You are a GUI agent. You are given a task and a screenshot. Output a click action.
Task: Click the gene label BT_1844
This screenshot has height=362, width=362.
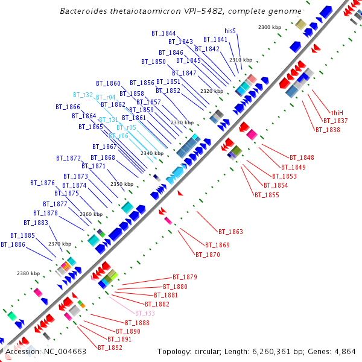[164, 33]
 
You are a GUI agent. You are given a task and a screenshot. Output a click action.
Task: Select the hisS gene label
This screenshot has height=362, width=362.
[230, 30]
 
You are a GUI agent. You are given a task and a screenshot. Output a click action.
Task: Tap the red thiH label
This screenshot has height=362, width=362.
[337, 113]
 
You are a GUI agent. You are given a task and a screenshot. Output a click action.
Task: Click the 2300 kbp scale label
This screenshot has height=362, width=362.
[269, 27]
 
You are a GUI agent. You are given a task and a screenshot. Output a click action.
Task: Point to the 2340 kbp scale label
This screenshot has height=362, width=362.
[151, 153]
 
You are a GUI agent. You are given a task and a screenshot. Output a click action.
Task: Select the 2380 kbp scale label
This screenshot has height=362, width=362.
[28, 273]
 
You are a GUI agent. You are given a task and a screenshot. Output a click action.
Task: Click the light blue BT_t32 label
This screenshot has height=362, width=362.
[83, 95]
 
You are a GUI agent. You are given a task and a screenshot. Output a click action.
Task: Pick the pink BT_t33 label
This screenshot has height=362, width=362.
[145, 313]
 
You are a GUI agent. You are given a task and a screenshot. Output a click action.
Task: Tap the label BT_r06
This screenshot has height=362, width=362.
[118, 136]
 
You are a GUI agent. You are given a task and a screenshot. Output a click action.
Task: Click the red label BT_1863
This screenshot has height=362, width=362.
[230, 232]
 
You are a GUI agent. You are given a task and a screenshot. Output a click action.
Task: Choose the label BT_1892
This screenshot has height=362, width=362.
[110, 348]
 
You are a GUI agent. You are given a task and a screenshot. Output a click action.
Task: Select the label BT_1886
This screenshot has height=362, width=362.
[13, 244]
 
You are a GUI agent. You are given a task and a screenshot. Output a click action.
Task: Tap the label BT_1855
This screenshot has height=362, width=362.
[266, 195]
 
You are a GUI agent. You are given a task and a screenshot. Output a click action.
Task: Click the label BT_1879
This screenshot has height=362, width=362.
[185, 277]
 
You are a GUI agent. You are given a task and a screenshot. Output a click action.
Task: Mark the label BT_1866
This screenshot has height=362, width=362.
[68, 107]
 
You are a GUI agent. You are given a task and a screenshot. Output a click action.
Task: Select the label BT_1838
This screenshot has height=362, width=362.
[327, 130]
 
